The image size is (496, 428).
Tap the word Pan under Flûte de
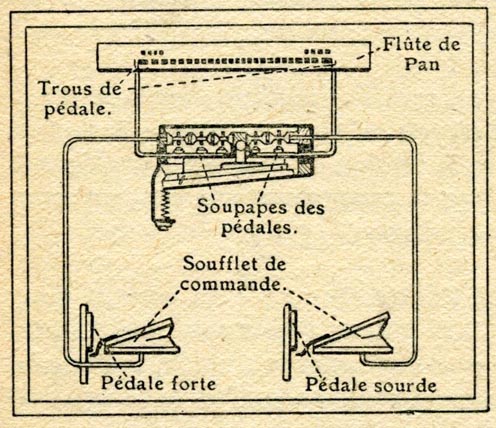(422, 64)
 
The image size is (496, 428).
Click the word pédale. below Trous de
(78, 108)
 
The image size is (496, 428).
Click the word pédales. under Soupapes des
(259, 227)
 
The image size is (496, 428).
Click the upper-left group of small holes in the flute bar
(152, 52)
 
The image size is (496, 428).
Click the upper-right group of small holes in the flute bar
(317, 52)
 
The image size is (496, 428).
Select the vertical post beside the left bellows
(84, 343)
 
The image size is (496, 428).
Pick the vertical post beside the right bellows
(287, 342)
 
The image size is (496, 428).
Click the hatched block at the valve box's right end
(306, 158)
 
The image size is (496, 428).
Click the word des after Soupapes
(309, 208)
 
